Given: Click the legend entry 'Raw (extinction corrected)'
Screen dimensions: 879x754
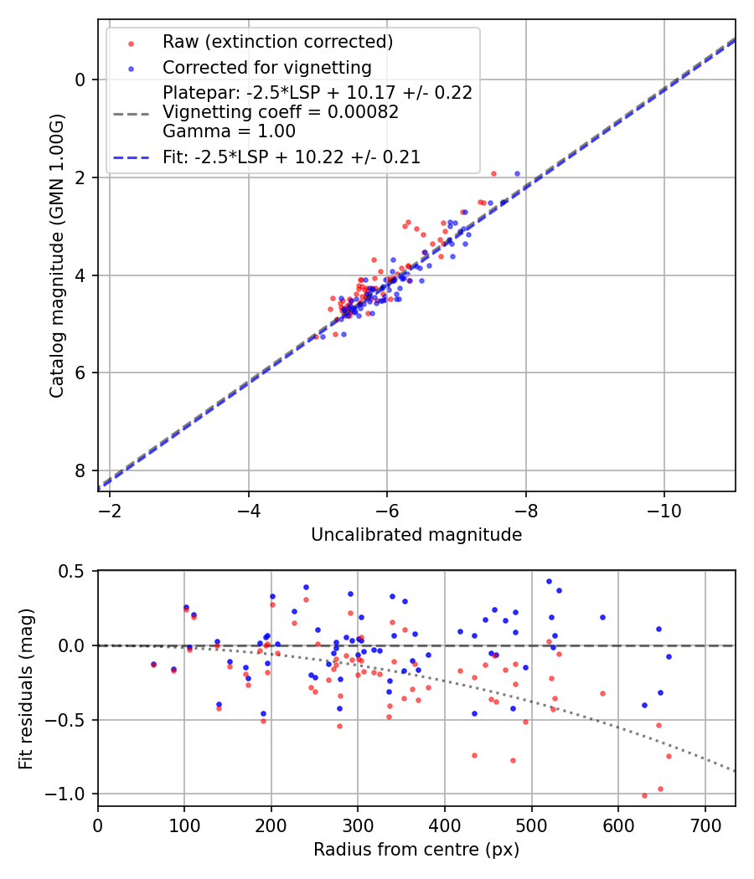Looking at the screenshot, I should coord(277,42).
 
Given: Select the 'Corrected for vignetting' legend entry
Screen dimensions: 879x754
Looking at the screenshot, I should coord(266,67).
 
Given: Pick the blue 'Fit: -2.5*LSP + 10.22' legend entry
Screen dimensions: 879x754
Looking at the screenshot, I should coord(292,157).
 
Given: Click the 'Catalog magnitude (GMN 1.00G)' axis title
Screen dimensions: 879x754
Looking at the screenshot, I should coord(56,255).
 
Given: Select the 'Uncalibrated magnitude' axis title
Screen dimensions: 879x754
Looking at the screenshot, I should coord(416,535).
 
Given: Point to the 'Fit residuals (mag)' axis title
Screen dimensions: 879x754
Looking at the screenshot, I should coord(26,687).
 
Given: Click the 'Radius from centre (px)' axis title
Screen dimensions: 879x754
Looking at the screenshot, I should coord(416,850).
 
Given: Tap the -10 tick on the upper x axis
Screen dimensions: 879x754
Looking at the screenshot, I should coord(664,509).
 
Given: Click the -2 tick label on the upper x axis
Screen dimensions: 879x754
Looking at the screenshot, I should coord(109,509).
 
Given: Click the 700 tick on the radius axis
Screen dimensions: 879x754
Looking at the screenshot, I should coord(705,824).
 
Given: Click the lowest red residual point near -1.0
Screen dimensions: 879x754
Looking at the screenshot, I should coord(644,795).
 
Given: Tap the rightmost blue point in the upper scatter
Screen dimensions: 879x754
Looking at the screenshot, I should coord(517,173).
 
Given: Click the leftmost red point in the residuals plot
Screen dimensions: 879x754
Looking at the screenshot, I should coord(153,665).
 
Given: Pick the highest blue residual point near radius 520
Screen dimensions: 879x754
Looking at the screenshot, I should coord(549,581).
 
